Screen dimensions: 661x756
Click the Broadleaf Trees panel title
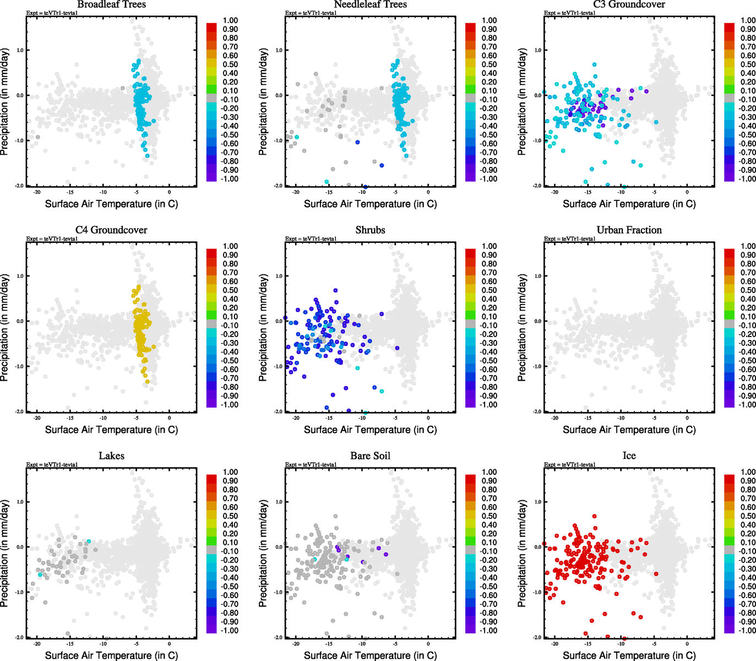click(x=111, y=4)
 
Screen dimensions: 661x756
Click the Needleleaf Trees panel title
click(x=370, y=4)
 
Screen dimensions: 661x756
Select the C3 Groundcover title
click(x=629, y=4)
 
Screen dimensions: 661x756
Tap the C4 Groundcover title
click(x=111, y=230)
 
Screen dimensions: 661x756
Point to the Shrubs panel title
click(x=370, y=230)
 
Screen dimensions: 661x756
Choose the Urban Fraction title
click(x=629, y=230)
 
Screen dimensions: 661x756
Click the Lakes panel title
click(x=111, y=456)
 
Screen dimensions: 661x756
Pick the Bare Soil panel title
click(x=370, y=456)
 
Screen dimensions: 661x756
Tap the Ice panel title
click(x=629, y=456)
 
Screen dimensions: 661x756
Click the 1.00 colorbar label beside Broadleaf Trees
click(x=230, y=20)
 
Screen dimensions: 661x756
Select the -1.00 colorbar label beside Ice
click(x=747, y=631)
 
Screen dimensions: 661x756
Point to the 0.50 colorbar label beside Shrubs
click(x=489, y=290)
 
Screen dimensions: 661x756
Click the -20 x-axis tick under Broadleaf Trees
click(x=37, y=192)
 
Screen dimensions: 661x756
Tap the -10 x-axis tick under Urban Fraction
click(x=621, y=418)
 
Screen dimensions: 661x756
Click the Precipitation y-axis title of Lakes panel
click(x=5, y=554)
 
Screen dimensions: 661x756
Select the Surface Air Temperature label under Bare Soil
click(x=370, y=655)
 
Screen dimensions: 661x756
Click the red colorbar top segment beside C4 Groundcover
click(x=211, y=253)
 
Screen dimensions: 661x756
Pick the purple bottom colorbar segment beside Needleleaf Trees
click(x=470, y=176)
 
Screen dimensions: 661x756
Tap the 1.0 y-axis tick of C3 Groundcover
click(x=537, y=50)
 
